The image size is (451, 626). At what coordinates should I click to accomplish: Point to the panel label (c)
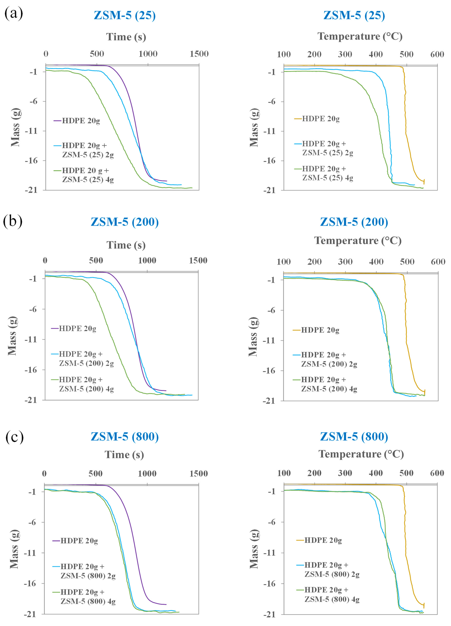tap(14, 437)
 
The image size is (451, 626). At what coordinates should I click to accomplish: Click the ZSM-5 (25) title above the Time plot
tap(125, 15)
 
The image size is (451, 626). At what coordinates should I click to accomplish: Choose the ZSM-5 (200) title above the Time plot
tap(125, 222)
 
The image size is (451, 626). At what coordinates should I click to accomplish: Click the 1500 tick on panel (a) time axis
tap(199, 54)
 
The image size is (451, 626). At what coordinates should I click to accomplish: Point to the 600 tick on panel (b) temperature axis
tap(438, 262)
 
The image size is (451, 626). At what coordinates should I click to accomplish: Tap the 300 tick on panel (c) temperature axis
tap(345, 473)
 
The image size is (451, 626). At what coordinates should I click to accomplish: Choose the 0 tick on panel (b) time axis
tap(45, 261)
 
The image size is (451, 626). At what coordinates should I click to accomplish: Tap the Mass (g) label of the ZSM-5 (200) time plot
tap(12, 336)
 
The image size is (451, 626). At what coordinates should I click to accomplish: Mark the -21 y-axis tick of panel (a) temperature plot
tap(269, 190)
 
